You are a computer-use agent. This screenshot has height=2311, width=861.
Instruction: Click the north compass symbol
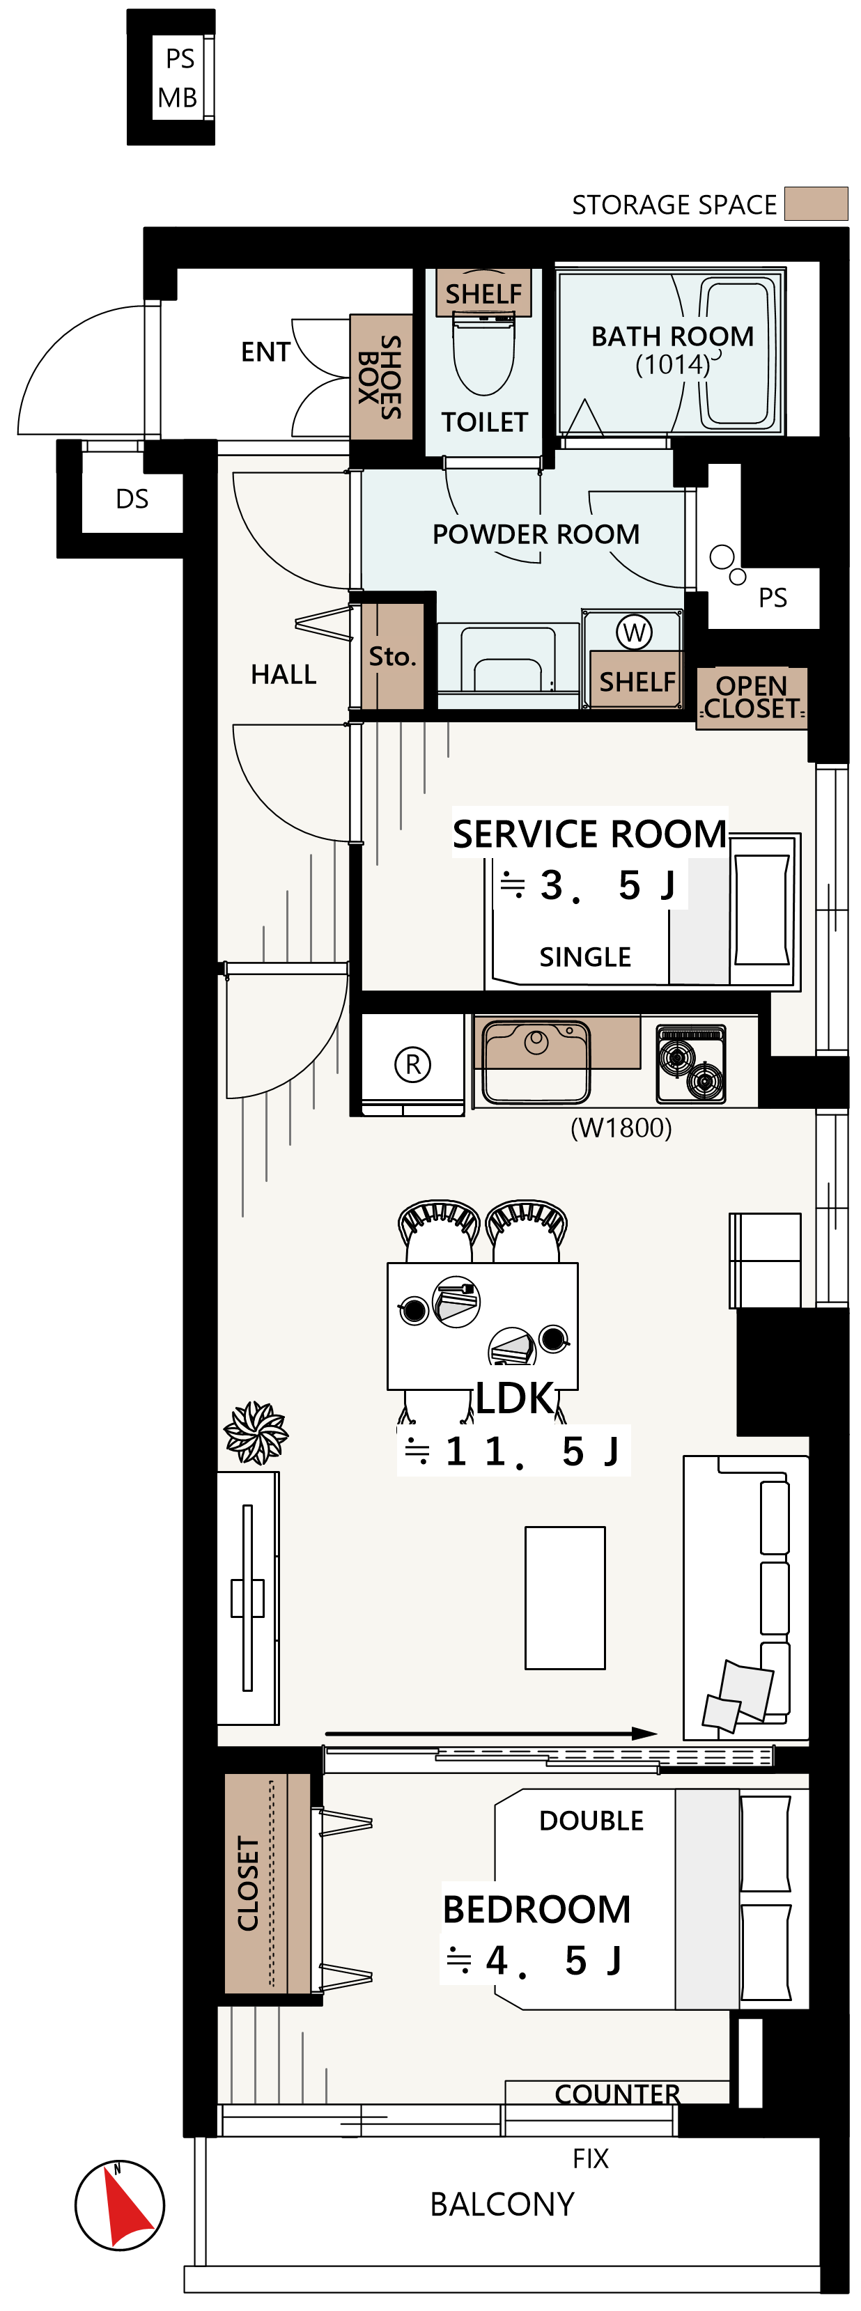119,2205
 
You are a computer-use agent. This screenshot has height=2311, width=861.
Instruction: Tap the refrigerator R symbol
412,1064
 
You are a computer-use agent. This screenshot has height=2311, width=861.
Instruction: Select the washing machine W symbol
634,632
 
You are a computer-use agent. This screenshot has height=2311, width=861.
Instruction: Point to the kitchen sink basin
536,1062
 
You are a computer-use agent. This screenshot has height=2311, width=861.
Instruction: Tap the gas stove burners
690,1064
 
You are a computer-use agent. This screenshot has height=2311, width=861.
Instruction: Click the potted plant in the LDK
256,1432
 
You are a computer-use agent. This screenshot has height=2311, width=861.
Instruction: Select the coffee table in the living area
565,1598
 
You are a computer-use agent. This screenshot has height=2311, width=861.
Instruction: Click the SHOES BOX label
380,377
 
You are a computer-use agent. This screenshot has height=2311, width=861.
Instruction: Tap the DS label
132,499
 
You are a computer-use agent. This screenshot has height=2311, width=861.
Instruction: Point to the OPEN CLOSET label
752,697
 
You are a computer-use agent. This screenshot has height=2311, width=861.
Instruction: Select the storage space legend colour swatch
816,203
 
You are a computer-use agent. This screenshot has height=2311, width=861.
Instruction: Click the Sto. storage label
392,657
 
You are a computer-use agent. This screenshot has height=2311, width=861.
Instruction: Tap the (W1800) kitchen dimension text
621,1128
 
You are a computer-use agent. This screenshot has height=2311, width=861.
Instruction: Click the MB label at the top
177,98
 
